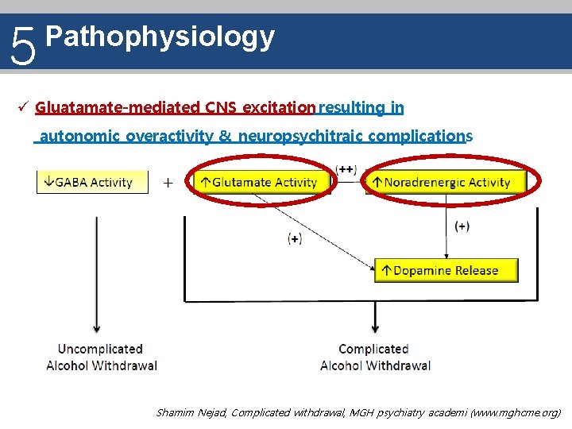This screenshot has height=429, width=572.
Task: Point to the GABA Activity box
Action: coord(92,182)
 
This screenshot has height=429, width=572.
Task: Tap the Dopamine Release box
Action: coord(446,270)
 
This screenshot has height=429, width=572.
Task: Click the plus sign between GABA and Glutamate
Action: coord(168,183)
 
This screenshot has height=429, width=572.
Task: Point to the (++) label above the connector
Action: coord(346,168)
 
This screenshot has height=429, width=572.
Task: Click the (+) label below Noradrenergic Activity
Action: coord(462,226)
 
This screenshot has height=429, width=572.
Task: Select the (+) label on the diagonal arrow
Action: coord(295,238)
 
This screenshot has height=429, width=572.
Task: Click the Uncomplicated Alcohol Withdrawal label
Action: coord(101,357)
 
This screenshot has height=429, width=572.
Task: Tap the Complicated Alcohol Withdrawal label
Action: coord(374,357)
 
